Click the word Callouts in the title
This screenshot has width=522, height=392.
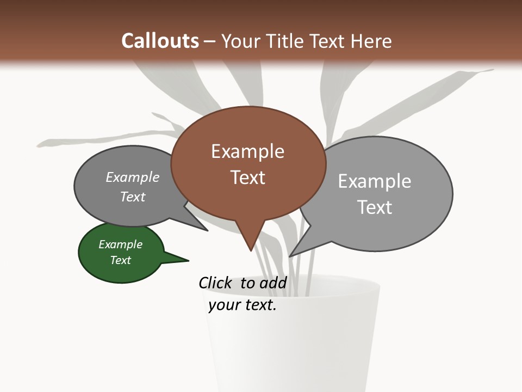tap(160, 41)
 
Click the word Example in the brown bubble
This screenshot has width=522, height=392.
tap(248, 151)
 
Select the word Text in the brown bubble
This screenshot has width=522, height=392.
tap(248, 177)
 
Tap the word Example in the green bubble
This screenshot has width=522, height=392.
tap(121, 244)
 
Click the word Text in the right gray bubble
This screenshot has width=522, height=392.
tap(375, 207)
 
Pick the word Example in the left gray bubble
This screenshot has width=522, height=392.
tap(133, 177)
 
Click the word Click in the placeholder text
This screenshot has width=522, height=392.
tap(216, 283)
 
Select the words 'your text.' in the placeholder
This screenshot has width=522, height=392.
tap(243, 305)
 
